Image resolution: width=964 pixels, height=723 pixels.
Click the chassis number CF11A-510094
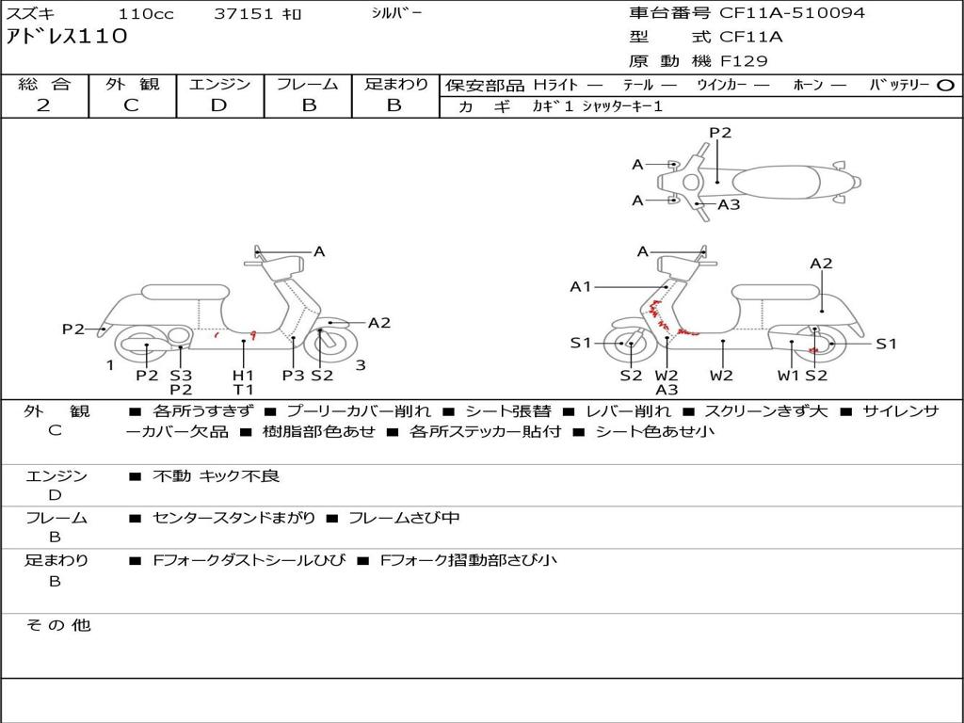pos(792,13)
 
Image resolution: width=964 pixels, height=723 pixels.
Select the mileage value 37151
pos(243,13)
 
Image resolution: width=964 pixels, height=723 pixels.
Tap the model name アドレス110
pos(67,37)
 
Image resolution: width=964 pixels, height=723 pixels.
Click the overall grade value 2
pos(43,105)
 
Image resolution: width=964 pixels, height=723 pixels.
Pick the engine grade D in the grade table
pos(218,105)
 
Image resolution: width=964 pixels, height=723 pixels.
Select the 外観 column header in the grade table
pos(132,84)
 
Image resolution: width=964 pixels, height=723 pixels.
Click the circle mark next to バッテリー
pos(945,86)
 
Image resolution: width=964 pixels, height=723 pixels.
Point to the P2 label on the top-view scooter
pos(720,132)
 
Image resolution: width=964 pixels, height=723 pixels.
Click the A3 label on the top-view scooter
pos(730,204)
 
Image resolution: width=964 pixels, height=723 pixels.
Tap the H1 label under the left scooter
pos(243,375)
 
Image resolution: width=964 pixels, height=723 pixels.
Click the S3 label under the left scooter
pos(181,375)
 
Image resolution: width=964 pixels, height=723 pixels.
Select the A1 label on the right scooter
pos(580,286)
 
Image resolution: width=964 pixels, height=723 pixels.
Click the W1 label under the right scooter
pos(788,375)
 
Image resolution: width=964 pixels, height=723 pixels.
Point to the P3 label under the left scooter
pos(294,375)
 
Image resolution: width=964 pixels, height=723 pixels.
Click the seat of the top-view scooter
pos(777,182)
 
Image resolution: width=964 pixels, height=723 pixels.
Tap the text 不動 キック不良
pos(217,475)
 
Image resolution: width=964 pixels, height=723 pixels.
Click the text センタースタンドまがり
pos(234,519)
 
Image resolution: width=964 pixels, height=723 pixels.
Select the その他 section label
pos(58,625)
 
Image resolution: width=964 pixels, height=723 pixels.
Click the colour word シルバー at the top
pos(396,13)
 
